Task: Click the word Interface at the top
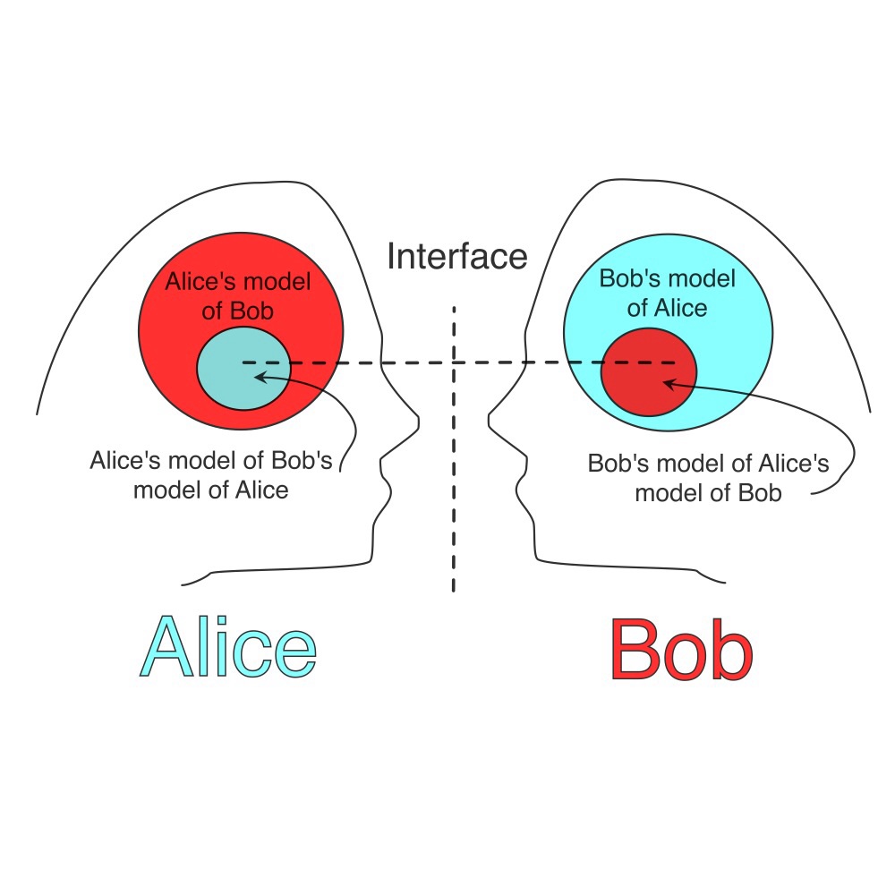tap(456, 256)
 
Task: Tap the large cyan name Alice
tap(228, 646)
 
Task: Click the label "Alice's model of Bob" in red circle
tap(238, 296)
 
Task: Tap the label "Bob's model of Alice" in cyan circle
tap(667, 293)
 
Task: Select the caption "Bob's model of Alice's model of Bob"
tap(708, 479)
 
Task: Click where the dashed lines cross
tap(454, 362)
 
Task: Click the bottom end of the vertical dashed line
tap(454, 591)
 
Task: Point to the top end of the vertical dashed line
tap(454, 307)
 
